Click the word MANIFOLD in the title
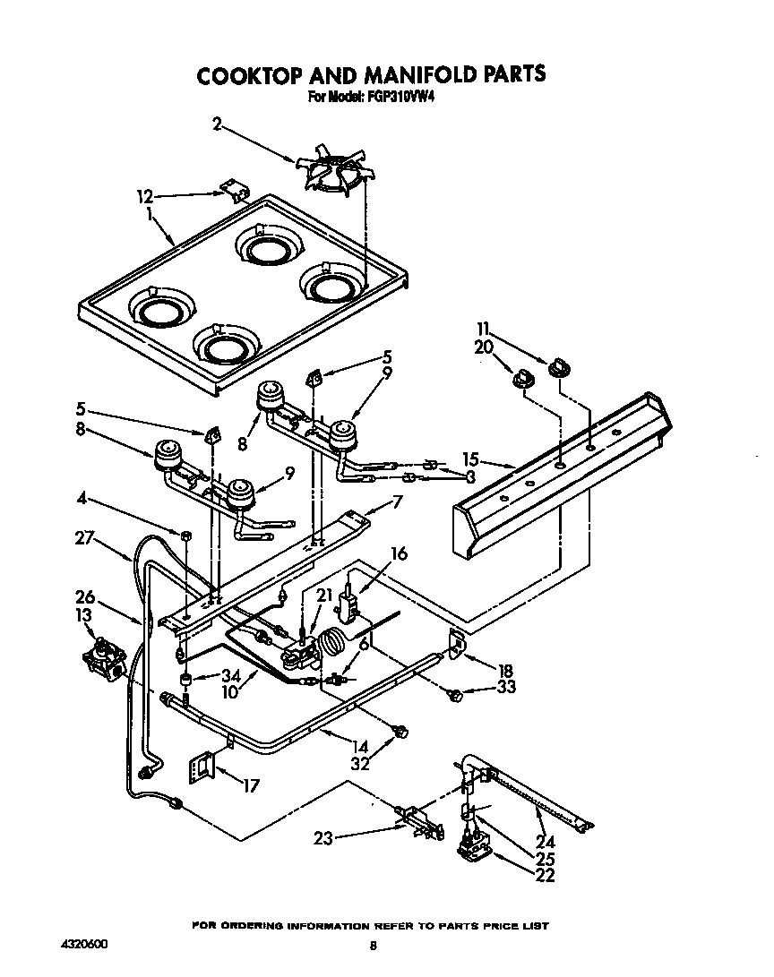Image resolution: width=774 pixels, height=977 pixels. [399, 74]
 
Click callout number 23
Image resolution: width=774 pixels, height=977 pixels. [324, 839]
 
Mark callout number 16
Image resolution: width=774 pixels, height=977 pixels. [399, 554]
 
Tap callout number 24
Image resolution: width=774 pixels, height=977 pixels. [545, 842]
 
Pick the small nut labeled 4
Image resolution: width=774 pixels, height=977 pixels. [185, 536]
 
